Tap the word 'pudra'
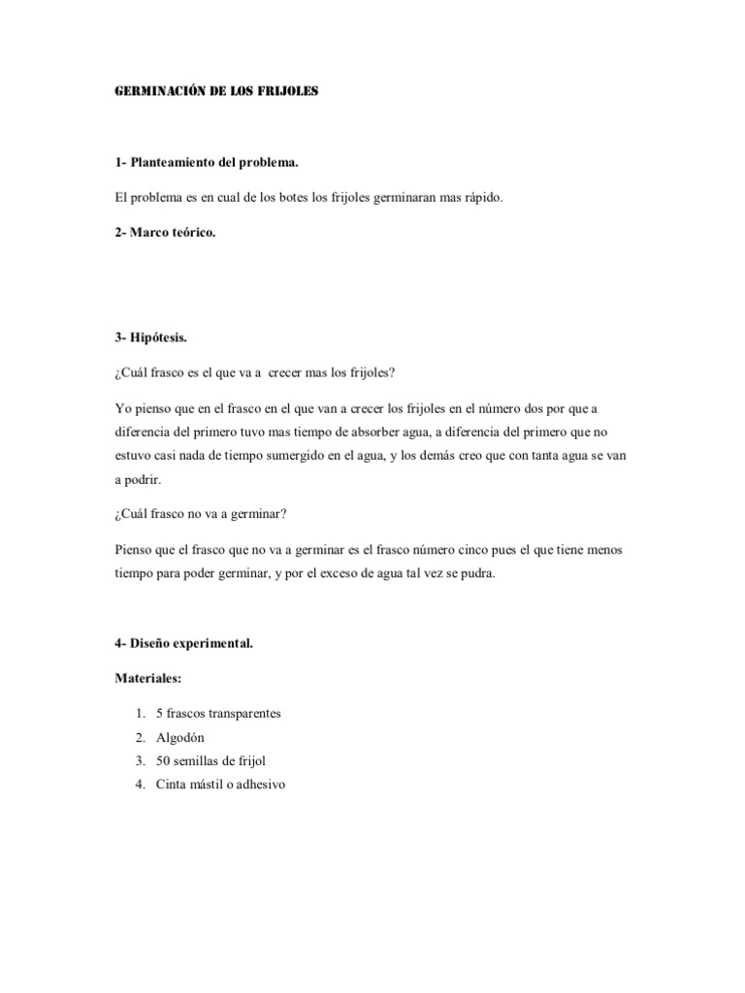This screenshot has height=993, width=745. coord(476,573)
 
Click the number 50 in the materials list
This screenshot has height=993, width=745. coord(162,761)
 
